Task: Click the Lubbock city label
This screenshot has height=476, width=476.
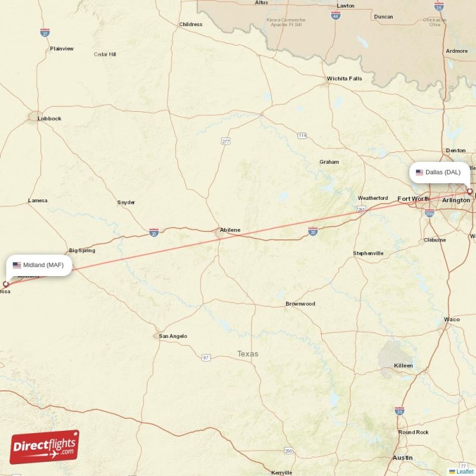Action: point(49,118)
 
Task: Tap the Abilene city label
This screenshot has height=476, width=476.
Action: point(230,230)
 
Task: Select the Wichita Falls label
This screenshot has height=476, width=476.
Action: point(344,79)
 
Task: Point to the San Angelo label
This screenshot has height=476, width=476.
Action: point(173,336)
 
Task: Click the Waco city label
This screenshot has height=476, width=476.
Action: point(452,320)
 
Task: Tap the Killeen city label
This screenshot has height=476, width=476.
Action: point(403,365)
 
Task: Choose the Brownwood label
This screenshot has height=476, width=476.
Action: point(300,304)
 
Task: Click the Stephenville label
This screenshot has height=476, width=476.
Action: point(368,253)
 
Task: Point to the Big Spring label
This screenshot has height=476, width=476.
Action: point(82,251)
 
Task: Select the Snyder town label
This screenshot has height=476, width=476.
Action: point(126,202)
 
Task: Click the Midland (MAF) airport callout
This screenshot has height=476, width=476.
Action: point(40,265)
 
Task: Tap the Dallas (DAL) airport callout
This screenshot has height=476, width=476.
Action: point(439,173)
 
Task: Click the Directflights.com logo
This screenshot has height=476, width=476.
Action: point(45,447)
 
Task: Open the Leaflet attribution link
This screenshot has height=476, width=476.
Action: point(465,471)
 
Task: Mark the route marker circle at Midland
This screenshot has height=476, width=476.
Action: point(6,284)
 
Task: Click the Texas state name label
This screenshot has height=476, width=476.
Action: point(248,354)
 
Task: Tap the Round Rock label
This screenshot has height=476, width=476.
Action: point(414,432)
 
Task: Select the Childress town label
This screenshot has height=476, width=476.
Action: point(190,24)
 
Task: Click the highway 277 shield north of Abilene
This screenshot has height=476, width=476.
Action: point(226,141)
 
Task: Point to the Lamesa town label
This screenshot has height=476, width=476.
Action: point(37,201)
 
